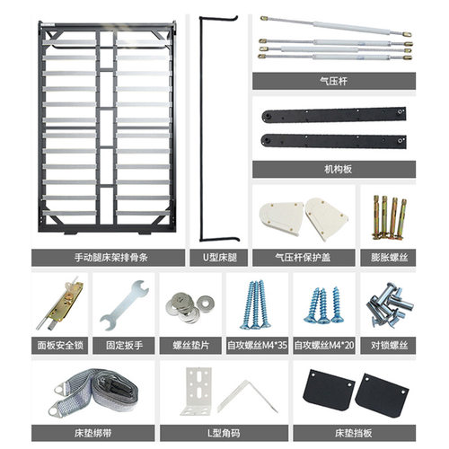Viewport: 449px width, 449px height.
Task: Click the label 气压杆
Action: point(333,81)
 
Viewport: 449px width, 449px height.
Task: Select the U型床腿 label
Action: point(220,258)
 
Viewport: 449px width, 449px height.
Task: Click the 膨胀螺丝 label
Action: point(389,258)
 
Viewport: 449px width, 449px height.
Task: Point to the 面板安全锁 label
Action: point(60,346)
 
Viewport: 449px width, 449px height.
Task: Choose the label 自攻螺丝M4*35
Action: point(257,346)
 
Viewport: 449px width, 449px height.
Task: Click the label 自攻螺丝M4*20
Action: point(324,346)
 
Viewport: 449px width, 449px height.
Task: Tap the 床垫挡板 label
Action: point(354,433)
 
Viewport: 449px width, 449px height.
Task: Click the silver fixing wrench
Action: point(124,305)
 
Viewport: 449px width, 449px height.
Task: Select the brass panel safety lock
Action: point(61,304)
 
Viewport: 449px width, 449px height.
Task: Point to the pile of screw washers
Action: point(189,307)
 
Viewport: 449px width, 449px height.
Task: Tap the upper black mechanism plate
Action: point(334,115)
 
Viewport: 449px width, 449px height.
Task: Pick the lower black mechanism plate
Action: point(333,141)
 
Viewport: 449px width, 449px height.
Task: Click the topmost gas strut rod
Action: point(336,26)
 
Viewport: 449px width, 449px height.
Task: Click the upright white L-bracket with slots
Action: point(196,391)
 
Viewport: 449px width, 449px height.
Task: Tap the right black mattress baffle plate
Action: point(382,396)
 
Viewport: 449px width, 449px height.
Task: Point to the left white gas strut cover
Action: point(281,218)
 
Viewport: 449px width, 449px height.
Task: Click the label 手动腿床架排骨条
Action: point(111,258)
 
